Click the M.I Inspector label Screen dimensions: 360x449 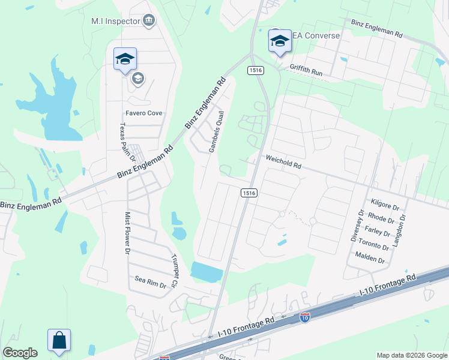[x=115, y=21]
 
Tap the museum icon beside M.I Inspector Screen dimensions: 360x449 [x=149, y=22]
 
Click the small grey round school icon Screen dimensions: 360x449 [x=138, y=78]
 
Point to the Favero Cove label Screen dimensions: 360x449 [x=144, y=113]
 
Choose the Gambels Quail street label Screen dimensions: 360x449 [x=217, y=131]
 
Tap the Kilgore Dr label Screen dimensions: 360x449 [x=385, y=205]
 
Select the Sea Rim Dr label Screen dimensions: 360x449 [x=149, y=280]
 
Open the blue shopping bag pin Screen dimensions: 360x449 [x=59, y=340]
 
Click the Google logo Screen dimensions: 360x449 [x=20, y=353]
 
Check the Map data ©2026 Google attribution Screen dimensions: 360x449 [x=412, y=355]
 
